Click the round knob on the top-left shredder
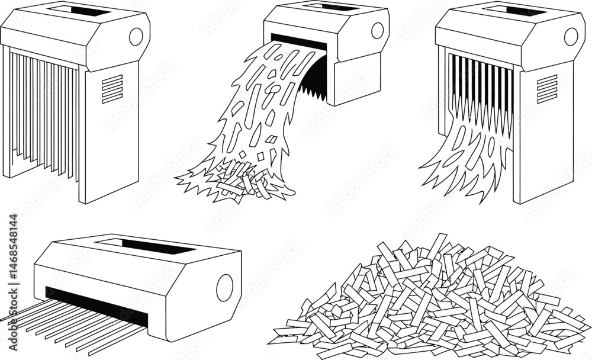pyautogui.click(x=136, y=37)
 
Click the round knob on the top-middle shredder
pyautogui.click(x=377, y=31)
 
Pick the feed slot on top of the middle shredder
pyautogui.click(x=335, y=8)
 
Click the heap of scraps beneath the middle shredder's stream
pyautogui.click(x=243, y=178)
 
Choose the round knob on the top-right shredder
pyautogui.click(x=571, y=37)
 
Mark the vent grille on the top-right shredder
pyautogui.click(x=546, y=89)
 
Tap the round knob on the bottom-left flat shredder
pyautogui.click(x=224, y=288)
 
